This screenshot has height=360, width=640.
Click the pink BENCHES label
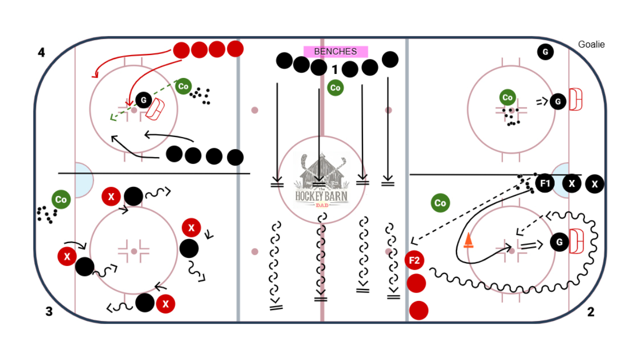335,51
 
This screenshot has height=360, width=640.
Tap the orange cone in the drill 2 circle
468,240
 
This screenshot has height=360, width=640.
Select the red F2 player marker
414,260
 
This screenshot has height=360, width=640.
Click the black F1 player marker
544,183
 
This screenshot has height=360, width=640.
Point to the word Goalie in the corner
591,44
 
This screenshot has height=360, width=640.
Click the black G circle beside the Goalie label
545,51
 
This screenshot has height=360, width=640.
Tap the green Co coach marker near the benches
335,88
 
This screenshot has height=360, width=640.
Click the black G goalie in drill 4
143,100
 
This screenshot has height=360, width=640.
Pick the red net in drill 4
156,109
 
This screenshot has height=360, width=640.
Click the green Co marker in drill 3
61,199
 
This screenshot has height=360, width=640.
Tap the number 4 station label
41,52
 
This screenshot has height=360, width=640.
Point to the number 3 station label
49,311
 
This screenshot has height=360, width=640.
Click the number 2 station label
590,312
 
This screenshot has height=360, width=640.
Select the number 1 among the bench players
335,69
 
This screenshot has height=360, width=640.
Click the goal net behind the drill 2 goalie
577,242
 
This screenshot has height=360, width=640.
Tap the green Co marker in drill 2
440,203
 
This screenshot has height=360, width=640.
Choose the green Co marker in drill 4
183,86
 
